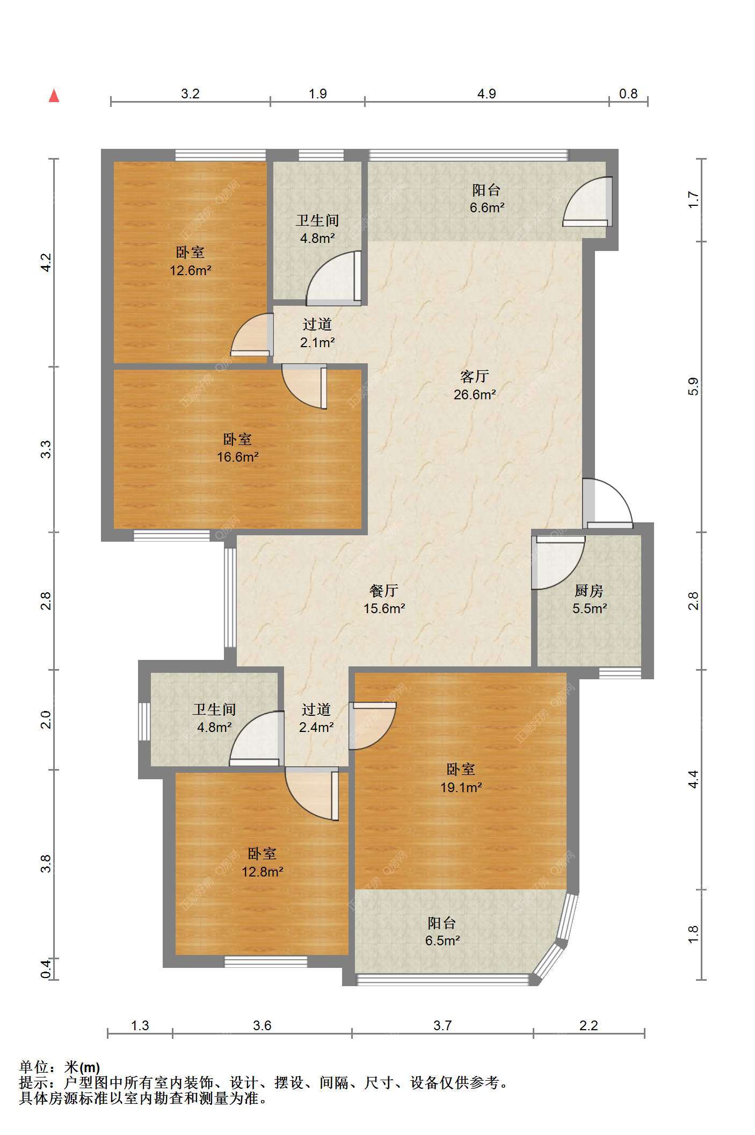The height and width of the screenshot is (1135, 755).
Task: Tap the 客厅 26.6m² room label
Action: (x=475, y=385)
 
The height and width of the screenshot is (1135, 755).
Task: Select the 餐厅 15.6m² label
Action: (x=384, y=600)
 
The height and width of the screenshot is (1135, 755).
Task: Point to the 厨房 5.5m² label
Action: (x=589, y=600)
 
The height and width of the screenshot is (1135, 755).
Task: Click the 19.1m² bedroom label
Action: (x=461, y=778)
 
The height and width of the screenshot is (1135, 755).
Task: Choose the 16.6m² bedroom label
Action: (x=237, y=448)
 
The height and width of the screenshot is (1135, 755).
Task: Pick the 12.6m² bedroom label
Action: (x=190, y=261)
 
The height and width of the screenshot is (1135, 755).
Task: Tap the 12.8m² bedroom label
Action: (x=262, y=863)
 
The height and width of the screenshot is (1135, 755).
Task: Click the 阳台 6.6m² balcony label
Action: (x=487, y=198)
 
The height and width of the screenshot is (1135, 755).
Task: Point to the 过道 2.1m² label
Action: (x=317, y=333)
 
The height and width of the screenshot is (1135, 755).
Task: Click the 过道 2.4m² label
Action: (x=316, y=719)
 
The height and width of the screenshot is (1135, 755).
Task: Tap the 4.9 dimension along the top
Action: (x=487, y=94)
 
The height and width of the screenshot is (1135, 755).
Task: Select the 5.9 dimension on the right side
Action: (x=693, y=387)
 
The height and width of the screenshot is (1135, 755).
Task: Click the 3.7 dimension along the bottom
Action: (x=442, y=1025)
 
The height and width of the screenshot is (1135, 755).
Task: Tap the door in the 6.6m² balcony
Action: (x=587, y=202)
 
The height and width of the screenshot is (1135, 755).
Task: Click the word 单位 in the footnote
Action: (x=34, y=1067)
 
